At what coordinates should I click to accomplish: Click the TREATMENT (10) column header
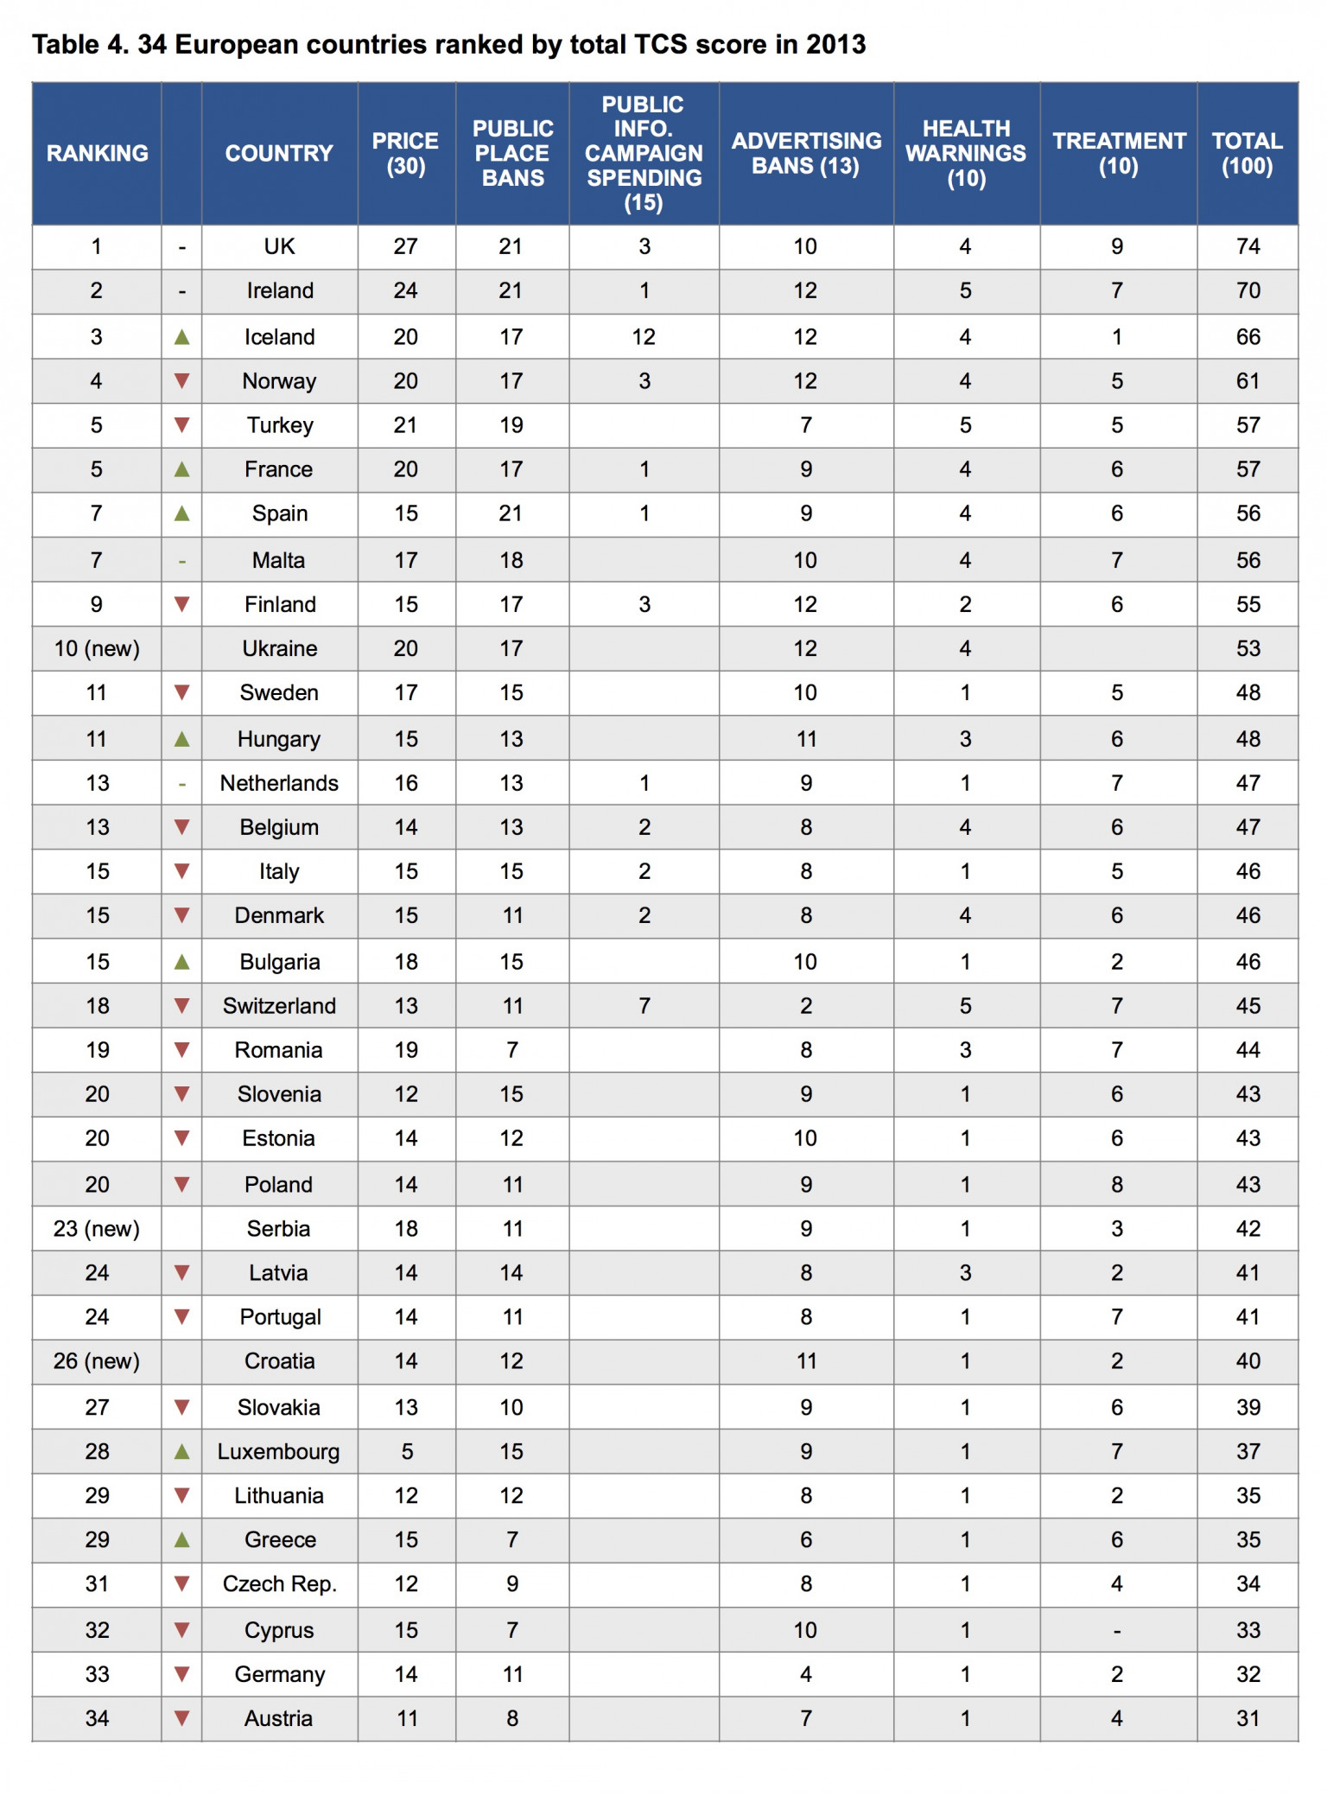pos(1119,153)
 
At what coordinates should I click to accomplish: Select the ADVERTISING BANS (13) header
pos(806,153)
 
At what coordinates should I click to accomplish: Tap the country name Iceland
pos(279,336)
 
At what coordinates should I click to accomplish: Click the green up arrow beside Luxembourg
pos(181,1451)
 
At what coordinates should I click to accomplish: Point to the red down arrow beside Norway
pos(181,380)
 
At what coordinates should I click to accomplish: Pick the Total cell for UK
pos(1248,246)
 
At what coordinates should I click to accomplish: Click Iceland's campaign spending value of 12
pos(644,336)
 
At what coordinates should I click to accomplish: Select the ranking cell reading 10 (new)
pos(97,648)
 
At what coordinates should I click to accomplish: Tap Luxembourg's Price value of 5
pos(406,1451)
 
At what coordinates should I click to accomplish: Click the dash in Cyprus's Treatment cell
pos(1117,1631)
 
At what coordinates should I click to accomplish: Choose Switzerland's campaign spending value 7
pos(644,1005)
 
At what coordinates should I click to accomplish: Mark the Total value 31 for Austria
pos(1248,1718)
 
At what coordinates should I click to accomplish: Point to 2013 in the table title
pos(835,44)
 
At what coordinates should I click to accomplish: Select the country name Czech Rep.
pos(279,1583)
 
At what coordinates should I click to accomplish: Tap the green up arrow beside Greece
pos(181,1539)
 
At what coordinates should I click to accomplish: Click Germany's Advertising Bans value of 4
pos(805,1674)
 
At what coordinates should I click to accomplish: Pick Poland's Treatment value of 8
pos(1117,1184)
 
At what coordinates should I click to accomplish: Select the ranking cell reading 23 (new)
pos(97,1228)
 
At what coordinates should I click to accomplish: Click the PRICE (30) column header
pos(405,153)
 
